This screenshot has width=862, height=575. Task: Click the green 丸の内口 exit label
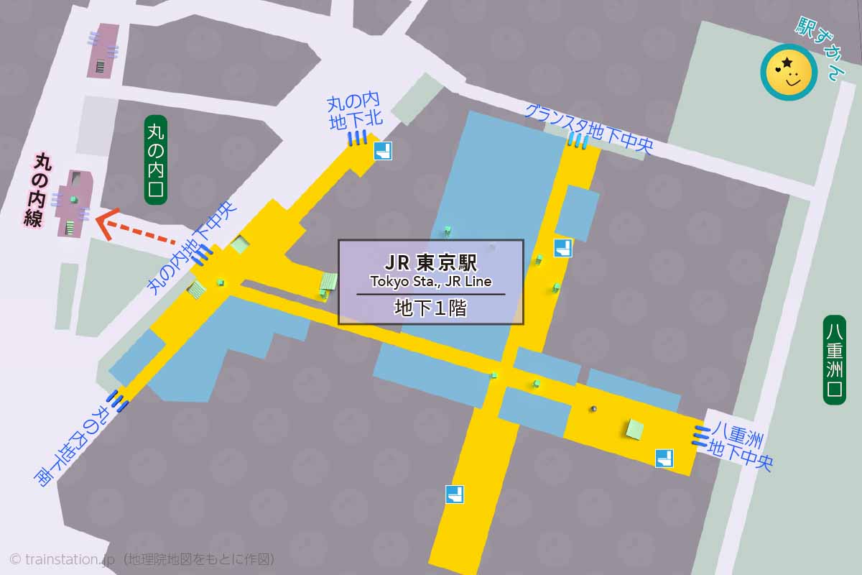156,160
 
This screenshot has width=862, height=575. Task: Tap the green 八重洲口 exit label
834,359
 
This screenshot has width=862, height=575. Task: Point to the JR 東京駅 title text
431,262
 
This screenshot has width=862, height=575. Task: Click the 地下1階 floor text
431,308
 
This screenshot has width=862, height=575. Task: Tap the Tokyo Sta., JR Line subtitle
431,281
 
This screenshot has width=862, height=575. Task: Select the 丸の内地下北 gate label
353,112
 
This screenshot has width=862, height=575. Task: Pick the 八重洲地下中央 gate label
741,446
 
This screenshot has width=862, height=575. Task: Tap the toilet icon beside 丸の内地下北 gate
383,152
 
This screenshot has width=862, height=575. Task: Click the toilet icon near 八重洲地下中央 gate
664,458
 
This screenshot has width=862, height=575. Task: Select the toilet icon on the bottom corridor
455,494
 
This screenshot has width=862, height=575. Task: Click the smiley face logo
789,72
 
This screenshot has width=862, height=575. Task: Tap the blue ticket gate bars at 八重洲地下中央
701,435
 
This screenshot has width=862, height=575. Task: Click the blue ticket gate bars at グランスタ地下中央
578,141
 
